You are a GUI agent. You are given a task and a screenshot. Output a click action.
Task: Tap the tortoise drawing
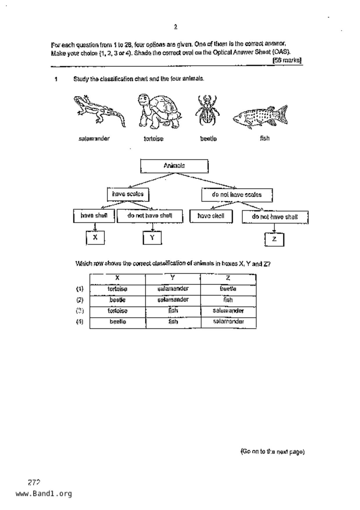[158, 112]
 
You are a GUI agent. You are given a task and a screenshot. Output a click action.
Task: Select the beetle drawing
[207, 110]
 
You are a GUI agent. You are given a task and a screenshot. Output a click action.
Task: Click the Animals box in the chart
[174, 166]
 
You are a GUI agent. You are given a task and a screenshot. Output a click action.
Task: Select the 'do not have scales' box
[237, 195]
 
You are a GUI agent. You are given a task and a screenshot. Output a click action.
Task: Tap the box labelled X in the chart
[95, 238]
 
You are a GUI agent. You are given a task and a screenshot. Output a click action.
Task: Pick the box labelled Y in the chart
[152, 238]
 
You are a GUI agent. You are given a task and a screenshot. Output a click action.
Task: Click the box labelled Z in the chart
[274, 239]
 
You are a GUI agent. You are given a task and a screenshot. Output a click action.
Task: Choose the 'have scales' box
[128, 194]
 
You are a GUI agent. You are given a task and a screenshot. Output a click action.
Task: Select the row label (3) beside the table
[80, 311]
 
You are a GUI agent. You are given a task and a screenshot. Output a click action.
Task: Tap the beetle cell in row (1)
[228, 289]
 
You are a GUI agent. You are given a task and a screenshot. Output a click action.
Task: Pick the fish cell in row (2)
[228, 300]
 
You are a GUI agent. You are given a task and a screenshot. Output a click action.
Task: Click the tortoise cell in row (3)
[118, 311]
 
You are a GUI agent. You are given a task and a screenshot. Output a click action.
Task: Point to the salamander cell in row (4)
[228, 322]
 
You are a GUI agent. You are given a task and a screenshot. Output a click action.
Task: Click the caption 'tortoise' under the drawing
[153, 139]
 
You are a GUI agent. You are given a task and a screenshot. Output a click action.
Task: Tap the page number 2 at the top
[175, 27]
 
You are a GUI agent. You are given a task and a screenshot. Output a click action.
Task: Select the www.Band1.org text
[44, 494]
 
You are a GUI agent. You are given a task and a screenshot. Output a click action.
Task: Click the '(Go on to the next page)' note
[272, 452]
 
